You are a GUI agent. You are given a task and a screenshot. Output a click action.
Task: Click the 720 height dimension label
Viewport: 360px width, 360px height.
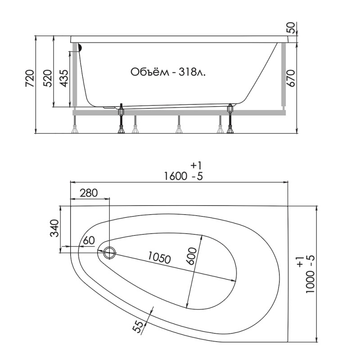[30, 78]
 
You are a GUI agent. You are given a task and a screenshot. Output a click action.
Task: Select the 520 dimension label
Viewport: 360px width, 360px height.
[48, 78]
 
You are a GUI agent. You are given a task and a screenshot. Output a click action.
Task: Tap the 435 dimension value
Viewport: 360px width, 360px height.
[64, 78]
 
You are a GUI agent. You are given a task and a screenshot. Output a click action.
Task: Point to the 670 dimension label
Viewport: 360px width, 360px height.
[291, 78]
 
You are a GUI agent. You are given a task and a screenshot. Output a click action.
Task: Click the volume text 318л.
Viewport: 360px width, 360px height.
[193, 72]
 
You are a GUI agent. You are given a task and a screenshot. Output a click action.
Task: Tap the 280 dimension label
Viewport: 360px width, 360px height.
[89, 193]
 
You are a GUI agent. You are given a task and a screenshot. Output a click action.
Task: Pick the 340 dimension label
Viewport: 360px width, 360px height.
[55, 228]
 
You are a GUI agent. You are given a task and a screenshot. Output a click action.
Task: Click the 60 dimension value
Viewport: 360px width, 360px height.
[89, 240]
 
